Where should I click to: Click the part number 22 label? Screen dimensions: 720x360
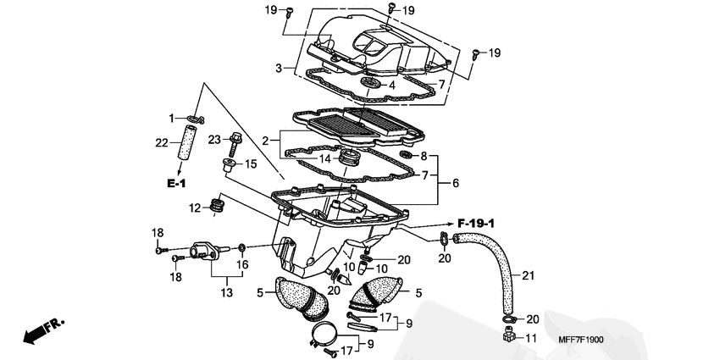[161, 143]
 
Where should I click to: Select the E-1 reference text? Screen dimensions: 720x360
[176, 184]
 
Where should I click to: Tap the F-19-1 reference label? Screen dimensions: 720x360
[476, 224]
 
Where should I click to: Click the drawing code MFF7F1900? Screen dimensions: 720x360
[581, 340]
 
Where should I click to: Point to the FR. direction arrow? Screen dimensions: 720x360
[43, 330]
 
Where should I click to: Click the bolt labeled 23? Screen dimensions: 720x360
[234, 144]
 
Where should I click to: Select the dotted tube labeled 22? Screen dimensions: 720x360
[188, 142]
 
